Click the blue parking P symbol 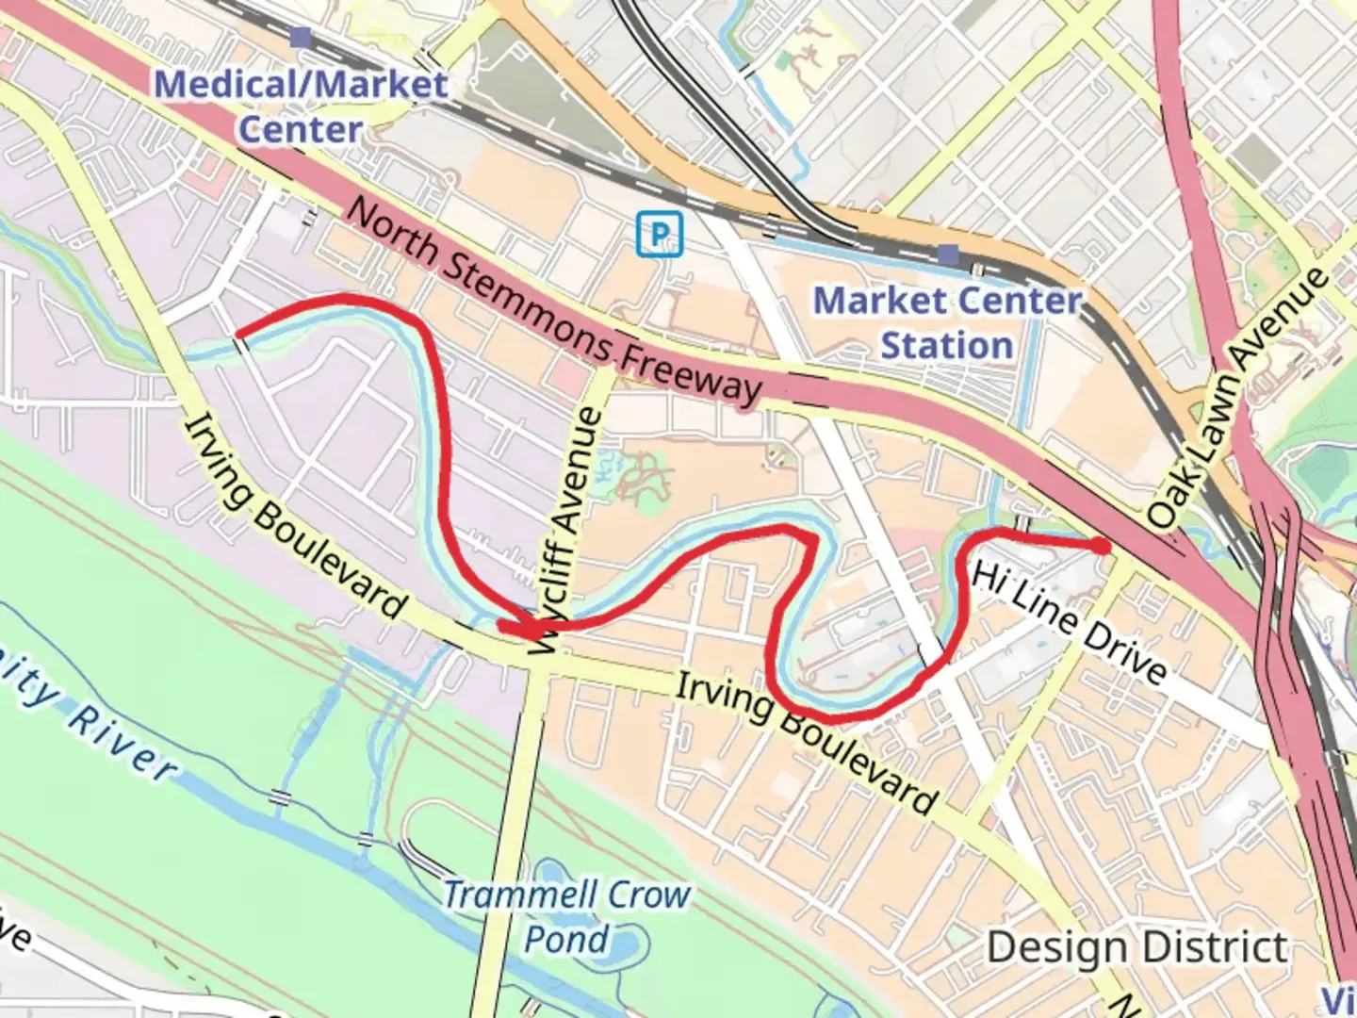pos(660,233)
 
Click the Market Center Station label pos(947,322)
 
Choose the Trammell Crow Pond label pos(567,916)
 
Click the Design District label pos(1137,946)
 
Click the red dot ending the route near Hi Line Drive pos(1101,546)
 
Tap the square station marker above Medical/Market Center pos(301,38)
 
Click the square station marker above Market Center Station pos(948,254)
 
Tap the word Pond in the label pos(566,939)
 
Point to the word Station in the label pos(947,345)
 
